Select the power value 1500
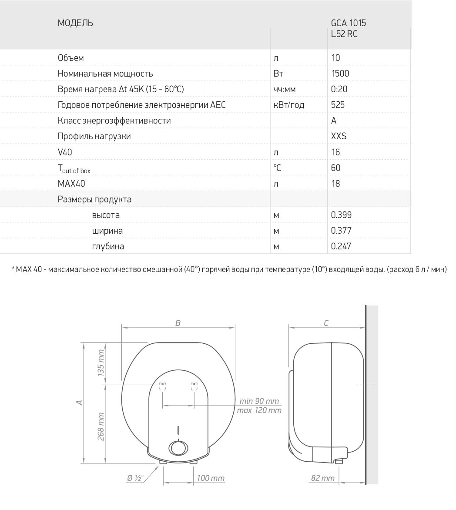340,74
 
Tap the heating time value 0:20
339,89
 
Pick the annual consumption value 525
338,105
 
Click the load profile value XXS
339,136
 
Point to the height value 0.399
341,215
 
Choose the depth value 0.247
341,246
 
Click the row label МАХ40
71,184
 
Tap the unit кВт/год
288,105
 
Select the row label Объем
70,58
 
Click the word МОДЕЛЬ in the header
75,23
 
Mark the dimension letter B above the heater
178,323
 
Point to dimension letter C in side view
326,323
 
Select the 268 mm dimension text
101,426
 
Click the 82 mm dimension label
322,478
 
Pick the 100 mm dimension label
210,478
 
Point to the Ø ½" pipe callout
135,478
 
